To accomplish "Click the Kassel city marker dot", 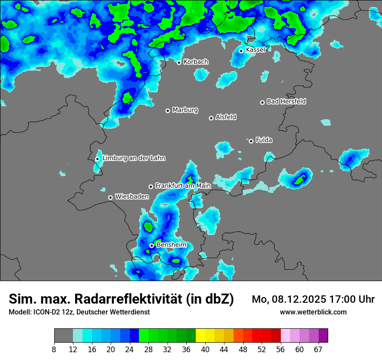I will (241, 51).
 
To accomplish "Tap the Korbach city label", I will (196, 62).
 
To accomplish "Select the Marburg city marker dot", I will (168, 111).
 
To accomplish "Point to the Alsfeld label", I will (226, 117).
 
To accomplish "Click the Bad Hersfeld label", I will (286, 101).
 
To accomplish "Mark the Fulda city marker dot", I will (251, 141).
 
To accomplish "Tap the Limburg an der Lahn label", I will (134, 158).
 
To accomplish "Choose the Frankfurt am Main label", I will (183, 186).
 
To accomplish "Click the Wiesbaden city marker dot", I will (111, 197).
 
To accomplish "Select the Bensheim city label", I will (171, 245).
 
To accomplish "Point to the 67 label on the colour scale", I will (318, 349).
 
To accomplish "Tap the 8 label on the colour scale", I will (54, 349).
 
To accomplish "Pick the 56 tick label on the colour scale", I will (280, 349).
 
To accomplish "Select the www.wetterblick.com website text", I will (313, 312).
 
